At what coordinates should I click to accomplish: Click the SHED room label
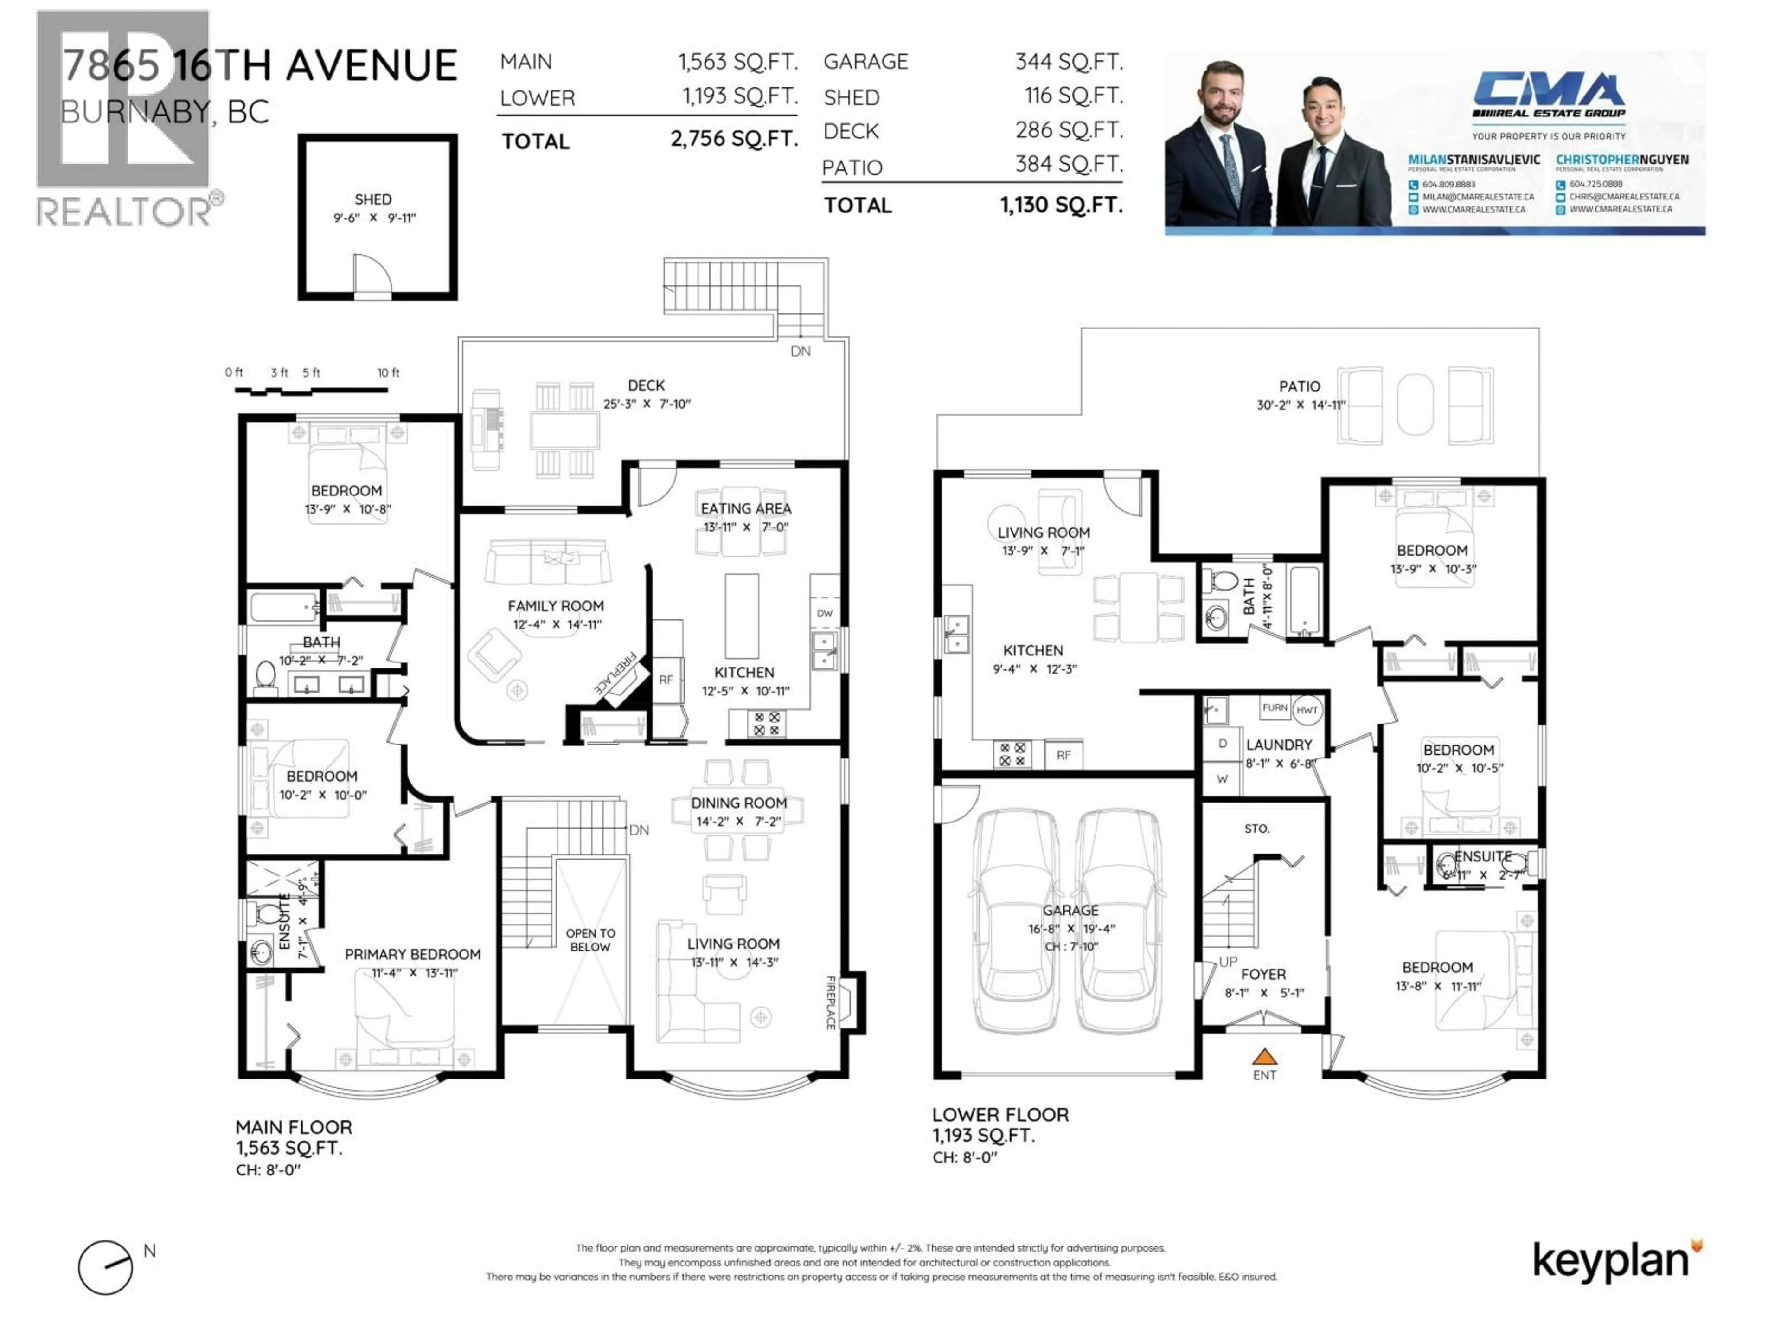(373, 199)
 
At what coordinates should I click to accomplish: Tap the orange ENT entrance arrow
(1264, 1056)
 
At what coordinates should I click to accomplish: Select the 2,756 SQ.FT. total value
(733, 139)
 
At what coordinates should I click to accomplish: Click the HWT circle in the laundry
(1307, 709)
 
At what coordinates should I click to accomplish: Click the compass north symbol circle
(105, 1267)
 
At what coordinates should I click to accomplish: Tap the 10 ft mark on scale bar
(388, 373)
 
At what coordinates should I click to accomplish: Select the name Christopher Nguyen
(1621, 160)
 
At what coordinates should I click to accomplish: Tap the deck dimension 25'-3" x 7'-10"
(647, 404)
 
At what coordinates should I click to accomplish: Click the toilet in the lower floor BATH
(1224, 581)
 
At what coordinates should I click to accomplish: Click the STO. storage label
(1256, 828)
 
